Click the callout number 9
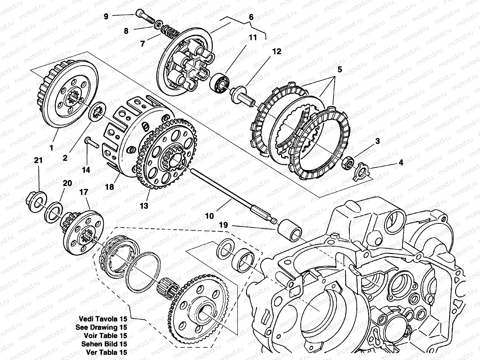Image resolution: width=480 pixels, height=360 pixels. point(106,16)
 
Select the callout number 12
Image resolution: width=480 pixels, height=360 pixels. point(277,52)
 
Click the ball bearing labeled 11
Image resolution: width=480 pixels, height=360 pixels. point(219,83)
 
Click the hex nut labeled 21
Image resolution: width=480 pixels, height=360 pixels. point(36,201)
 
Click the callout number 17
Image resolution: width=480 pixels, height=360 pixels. point(84,192)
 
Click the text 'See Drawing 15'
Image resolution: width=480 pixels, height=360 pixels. point(101,327)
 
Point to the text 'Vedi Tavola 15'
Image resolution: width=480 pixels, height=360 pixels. point(103,319)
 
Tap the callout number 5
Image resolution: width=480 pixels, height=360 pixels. point(340,70)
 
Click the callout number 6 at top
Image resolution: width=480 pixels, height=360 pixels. point(251,17)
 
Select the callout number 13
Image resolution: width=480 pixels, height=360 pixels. point(144,206)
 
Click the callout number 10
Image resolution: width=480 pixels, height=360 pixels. point(209,216)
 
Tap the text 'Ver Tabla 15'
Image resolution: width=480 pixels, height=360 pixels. point(106,352)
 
